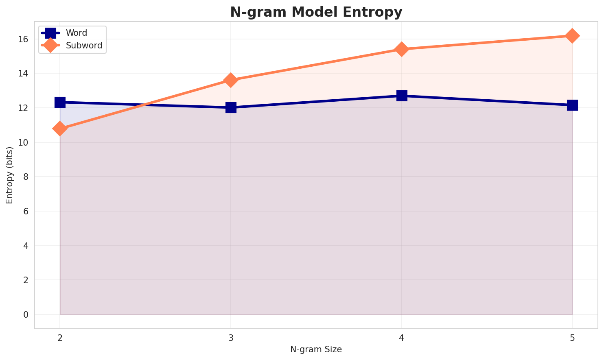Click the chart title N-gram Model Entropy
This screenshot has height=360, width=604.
tap(316, 12)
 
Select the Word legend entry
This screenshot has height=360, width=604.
tap(77, 33)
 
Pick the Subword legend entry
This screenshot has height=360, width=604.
tap(84, 46)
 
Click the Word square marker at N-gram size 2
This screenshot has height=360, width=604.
tap(60, 102)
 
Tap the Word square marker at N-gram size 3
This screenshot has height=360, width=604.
tap(231, 108)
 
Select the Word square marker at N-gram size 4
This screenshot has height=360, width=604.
tap(402, 96)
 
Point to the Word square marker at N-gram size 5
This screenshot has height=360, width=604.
tap(572, 105)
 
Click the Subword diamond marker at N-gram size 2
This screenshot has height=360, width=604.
tap(60, 129)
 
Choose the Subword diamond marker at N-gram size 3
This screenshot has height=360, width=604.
tap(231, 80)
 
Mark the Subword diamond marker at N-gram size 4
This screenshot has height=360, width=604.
tap(402, 49)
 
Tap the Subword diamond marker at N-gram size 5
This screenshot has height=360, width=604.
tap(572, 36)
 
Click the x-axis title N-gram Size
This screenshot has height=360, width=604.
tap(316, 349)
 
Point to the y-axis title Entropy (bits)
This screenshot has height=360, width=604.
tap(9, 175)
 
